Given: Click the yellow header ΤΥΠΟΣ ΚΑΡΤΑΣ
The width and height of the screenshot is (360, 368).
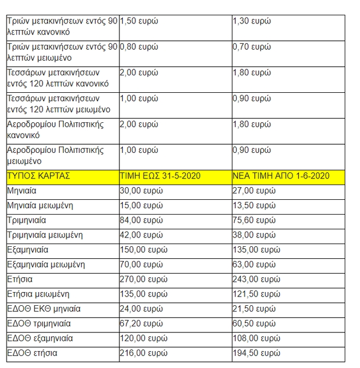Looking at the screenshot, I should [x=39, y=176].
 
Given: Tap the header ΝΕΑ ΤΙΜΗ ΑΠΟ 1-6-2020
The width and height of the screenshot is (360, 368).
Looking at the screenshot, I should [x=280, y=176].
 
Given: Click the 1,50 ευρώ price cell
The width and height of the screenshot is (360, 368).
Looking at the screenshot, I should [x=139, y=21].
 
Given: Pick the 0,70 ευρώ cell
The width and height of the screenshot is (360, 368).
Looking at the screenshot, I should [x=251, y=46].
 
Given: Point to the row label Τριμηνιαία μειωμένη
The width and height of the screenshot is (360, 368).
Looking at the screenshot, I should [x=45, y=235].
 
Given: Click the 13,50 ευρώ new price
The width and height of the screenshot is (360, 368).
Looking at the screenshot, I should [x=254, y=206].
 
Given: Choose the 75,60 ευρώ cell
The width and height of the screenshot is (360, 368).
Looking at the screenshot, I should [x=254, y=221].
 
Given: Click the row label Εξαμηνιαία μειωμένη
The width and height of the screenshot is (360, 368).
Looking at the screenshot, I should [x=46, y=265].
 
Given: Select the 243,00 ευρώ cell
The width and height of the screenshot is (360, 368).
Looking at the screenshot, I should [x=256, y=280].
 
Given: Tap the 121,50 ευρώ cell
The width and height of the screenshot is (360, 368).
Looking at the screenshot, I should [x=256, y=294].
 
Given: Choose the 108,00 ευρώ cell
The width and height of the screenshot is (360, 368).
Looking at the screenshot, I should [x=256, y=339].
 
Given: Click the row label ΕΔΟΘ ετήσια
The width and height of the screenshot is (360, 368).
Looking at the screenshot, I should [x=32, y=353].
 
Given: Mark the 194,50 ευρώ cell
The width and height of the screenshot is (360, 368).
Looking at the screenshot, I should [x=256, y=353].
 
